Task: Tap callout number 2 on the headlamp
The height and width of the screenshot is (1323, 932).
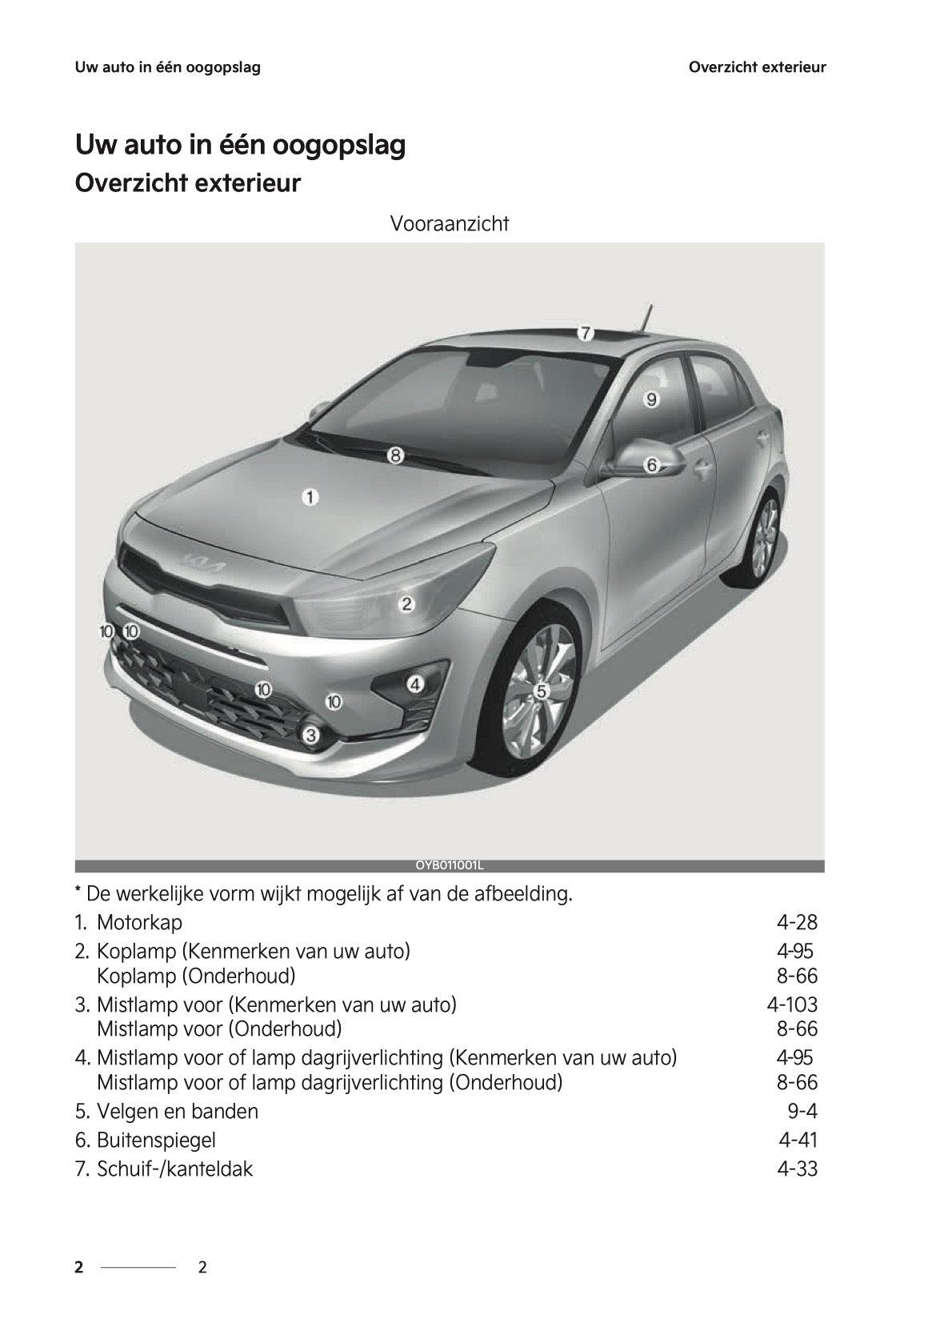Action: tap(406, 603)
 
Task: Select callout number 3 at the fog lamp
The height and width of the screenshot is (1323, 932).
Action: tap(311, 734)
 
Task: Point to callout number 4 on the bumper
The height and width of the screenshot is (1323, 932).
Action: tap(414, 684)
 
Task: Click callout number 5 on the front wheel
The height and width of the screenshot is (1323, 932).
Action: tap(541, 690)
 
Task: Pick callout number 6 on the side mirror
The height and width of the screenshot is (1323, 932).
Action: tap(651, 464)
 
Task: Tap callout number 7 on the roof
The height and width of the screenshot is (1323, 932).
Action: tap(585, 332)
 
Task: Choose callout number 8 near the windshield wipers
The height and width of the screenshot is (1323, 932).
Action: tap(395, 455)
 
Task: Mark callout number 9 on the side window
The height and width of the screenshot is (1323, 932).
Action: tap(651, 399)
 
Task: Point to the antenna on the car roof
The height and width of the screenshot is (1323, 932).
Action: tap(644, 317)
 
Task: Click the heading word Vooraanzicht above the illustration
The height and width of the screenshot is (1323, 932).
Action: tap(449, 224)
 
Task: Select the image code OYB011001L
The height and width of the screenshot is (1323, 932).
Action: tap(450, 866)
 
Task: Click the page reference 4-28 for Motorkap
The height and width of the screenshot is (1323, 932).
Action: tap(797, 923)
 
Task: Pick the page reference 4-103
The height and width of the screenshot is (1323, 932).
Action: tap(792, 1004)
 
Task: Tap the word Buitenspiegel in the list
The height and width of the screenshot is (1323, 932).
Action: tap(156, 1140)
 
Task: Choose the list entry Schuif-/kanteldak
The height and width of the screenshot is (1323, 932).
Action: tap(174, 1169)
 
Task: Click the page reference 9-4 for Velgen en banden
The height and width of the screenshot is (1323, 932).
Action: tap(802, 1111)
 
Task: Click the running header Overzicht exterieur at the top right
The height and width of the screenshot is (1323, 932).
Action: tap(757, 67)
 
